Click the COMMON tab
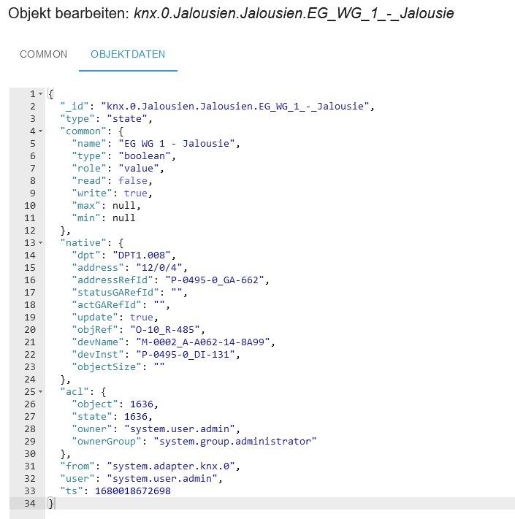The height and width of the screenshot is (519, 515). [43, 54]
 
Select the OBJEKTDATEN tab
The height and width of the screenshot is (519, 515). [128, 54]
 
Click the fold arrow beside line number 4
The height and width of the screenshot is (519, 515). [40, 131]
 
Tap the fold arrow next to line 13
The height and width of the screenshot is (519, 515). [40, 242]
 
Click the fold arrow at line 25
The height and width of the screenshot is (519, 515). [40, 391]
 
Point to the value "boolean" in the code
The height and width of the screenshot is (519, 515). [145, 156]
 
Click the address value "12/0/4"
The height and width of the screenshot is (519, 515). [159, 267]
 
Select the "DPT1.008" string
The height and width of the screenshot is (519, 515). [142, 255]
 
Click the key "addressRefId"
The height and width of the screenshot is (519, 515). [112, 280]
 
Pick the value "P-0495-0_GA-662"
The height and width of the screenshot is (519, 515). [215, 280]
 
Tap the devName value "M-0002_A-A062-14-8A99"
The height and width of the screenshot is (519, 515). [203, 342]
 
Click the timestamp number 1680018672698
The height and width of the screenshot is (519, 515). [133, 491]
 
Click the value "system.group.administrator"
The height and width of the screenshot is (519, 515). [234, 441]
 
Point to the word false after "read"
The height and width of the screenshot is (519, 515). [133, 181]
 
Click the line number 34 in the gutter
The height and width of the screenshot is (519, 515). [29, 504]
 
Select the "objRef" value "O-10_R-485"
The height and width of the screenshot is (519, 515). [165, 330]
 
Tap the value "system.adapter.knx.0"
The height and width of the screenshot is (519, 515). [170, 466]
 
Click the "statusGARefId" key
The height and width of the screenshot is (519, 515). [115, 292]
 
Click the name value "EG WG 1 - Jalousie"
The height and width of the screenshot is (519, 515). [177, 143]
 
